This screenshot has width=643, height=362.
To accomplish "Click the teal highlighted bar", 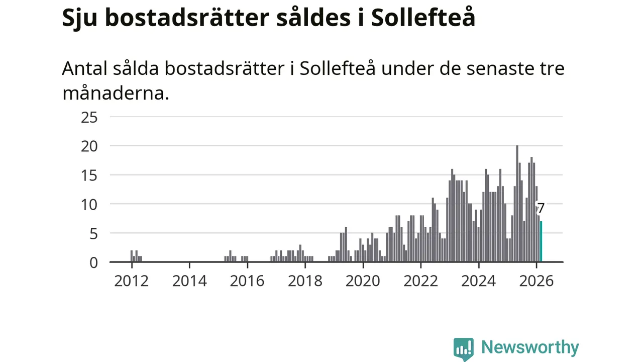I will (x=541, y=242).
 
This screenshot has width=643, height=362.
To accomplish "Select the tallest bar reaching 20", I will (x=517, y=204).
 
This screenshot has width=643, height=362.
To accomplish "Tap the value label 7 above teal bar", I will (x=541, y=208).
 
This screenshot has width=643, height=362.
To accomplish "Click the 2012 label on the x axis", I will (x=132, y=281).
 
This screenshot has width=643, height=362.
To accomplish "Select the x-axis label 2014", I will (x=189, y=281).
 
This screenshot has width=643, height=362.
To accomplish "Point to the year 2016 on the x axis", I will (x=247, y=281).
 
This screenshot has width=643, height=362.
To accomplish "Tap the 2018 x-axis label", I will (x=305, y=281).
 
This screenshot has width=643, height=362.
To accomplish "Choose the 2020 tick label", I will (x=363, y=281).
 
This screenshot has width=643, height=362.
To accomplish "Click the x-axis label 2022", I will (x=421, y=281).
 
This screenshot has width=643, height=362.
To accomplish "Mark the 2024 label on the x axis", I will (x=479, y=281).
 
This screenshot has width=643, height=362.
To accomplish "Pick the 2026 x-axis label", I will (x=537, y=281).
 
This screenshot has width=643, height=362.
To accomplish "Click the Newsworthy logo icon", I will (x=463, y=348).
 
